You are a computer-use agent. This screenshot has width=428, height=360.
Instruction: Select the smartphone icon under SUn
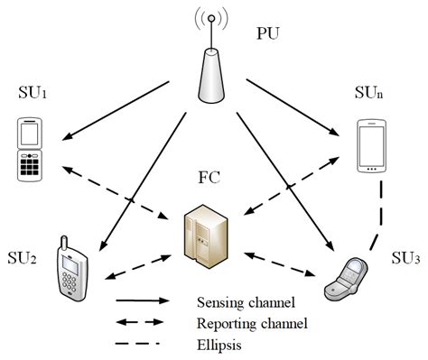point(371,145)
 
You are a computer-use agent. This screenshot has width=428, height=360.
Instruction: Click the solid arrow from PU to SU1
point(117,111)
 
